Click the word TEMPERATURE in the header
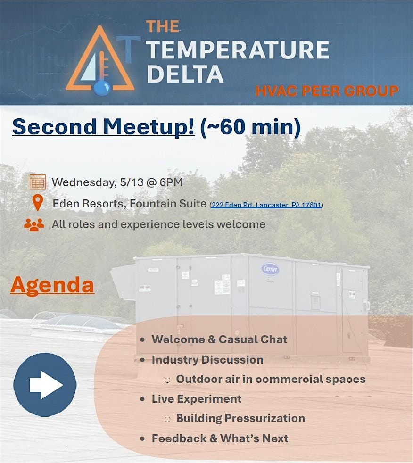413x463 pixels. tap(238, 50)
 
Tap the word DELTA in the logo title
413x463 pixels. tap(185, 74)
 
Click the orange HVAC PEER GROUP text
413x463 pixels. tap(327, 91)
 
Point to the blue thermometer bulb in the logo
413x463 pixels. tap(102, 88)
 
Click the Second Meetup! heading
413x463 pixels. tap(104, 127)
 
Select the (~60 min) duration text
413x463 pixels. tap(250, 127)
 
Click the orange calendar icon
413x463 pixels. tap(38, 182)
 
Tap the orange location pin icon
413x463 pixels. tap(38, 203)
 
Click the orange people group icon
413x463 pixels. tap(34, 224)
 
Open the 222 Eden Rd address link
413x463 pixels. tap(266, 205)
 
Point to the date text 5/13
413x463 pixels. tap(132, 182)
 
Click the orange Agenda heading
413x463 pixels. tap(52, 285)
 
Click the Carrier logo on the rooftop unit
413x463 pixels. tap(270, 269)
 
